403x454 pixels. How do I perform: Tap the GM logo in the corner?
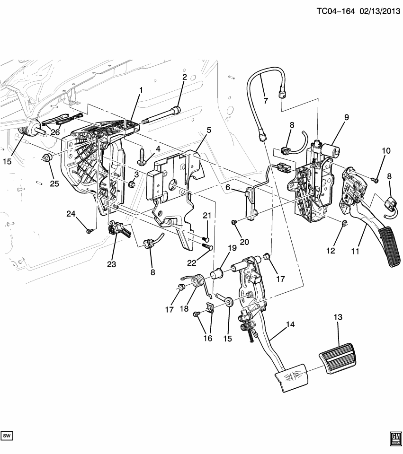[x=395, y=438]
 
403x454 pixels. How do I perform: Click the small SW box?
[x=7, y=435]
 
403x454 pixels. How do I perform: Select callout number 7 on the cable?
[x=265, y=101]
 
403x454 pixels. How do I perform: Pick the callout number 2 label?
[x=184, y=77]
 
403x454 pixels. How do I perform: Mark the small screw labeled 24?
[x=89, y=230]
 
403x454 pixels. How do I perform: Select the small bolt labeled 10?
[x=374, y=179]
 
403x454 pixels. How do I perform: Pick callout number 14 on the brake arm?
[x=290, y=325]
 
